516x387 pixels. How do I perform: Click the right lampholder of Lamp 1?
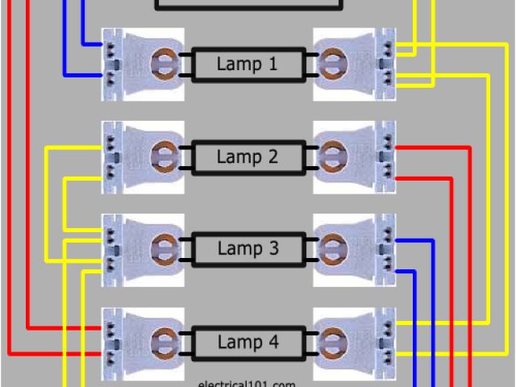355,64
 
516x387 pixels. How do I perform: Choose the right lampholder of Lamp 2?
355,157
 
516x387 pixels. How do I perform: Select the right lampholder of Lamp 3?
355,250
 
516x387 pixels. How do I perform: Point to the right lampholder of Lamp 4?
355,343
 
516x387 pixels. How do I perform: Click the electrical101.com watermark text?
247,382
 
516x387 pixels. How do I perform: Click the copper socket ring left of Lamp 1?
164,64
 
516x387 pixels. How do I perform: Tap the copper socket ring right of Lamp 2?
331,157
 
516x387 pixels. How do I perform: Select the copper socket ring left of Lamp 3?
164,250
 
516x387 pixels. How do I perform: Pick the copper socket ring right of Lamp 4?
331,343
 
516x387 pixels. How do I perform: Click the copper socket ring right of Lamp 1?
331,64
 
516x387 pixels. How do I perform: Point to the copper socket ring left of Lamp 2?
164,157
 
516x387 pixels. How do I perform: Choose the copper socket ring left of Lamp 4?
164,343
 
